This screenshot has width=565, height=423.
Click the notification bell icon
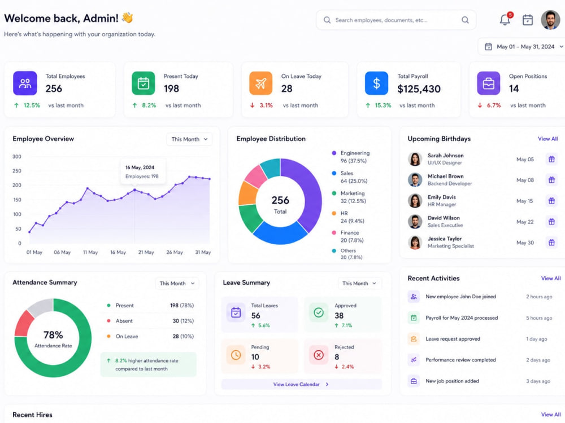[505, 20]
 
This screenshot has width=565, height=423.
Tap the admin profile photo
[550, 20]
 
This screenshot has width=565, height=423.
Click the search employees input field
[395, 20]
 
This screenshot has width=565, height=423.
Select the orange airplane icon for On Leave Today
[260, 83]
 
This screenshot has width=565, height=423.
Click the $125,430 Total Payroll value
[419, 89]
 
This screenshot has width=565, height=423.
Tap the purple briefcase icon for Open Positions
[488, 83]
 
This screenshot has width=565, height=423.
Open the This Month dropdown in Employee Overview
[189, 139]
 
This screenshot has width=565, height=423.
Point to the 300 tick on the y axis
[16, 156]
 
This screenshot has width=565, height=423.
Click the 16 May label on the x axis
[118, 253]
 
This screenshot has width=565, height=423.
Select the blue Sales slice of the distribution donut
[280, 233]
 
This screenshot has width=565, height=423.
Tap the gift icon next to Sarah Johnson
[551, 159]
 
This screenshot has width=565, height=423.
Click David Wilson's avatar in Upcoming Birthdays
[415, 222]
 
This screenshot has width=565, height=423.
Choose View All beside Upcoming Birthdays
[547, 139]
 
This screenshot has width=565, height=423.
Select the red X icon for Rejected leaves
[319, 355]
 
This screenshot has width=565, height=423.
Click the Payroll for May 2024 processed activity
[462, 318]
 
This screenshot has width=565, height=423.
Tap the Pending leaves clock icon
[236, 355]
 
